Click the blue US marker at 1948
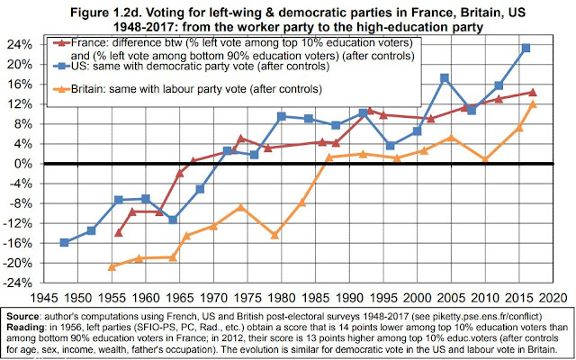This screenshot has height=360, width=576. point(64,242)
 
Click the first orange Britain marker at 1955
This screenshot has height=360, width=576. point(112,266)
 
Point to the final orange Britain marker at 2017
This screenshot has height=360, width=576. point(533,104)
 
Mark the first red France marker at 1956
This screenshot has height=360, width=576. point(119,232)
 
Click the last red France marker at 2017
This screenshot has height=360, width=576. point(533,92)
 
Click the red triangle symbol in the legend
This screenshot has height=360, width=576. point(61,42)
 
